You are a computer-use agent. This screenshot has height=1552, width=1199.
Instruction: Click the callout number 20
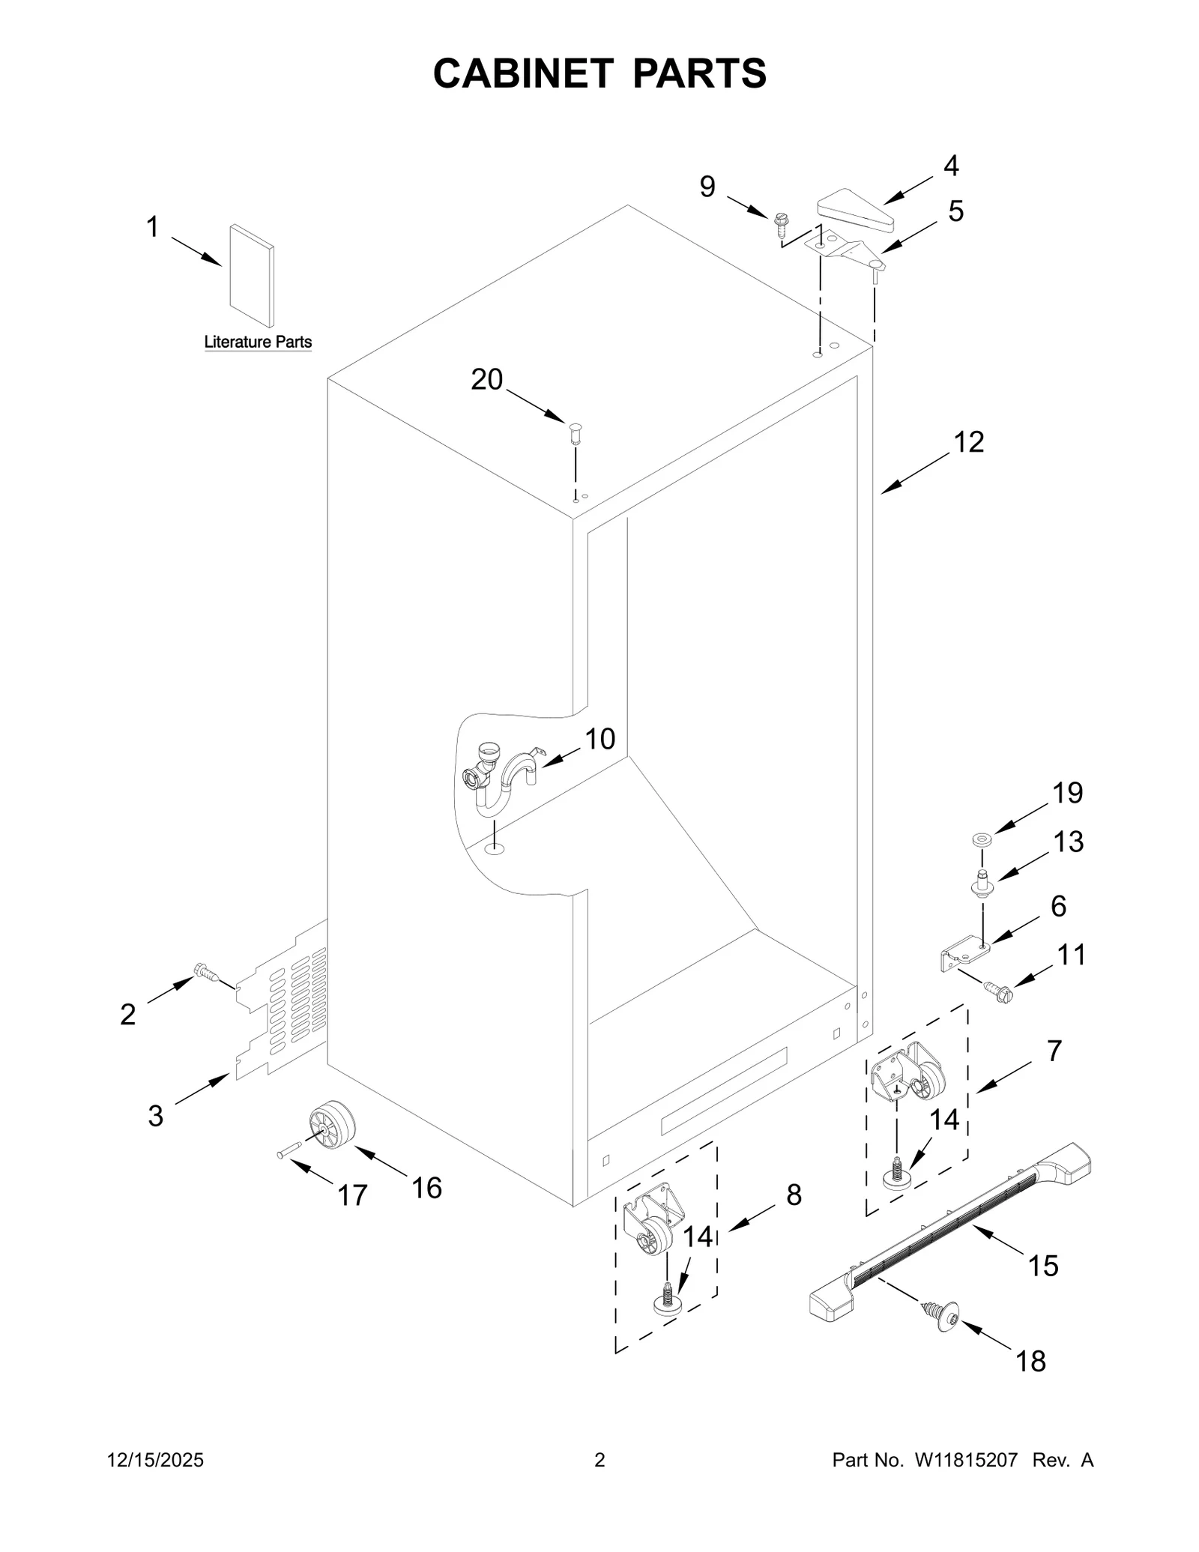486,380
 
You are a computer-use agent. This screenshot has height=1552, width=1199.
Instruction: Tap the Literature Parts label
258,342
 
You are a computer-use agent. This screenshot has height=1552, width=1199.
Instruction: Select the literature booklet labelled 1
252,276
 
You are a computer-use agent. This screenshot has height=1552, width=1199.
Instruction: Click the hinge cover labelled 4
857,211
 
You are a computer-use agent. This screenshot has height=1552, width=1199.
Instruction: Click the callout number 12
968,443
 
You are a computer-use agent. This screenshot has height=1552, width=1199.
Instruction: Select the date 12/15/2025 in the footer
156,1460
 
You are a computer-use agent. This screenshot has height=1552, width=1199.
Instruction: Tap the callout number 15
1042,1266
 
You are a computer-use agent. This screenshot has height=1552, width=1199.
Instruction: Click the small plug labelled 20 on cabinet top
576,432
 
